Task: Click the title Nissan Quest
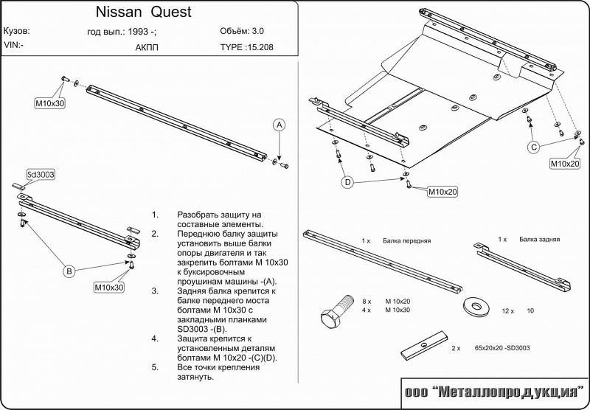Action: point(143,13)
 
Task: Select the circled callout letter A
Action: point(280,125)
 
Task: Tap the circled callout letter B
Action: point(69,272)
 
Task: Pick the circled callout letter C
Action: point(533,147)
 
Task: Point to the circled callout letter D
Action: point(347,181)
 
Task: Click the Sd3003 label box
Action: point(41,175)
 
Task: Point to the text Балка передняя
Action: point(406,241)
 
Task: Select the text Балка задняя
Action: point(539,240)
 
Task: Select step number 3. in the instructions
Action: point(156,291)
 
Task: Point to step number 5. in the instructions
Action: point(156,366)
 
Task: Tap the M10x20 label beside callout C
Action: point(564,164)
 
